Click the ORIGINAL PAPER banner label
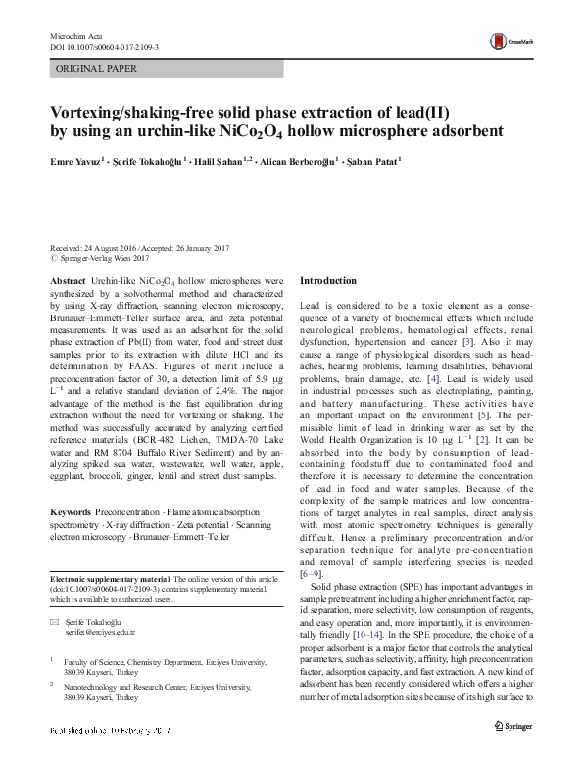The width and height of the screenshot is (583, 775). coord(96,69)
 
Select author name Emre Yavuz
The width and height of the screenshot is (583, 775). coord(73,161)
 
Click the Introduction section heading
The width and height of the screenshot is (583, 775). coord(328,281)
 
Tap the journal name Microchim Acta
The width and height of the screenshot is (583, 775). coord(75,35)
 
